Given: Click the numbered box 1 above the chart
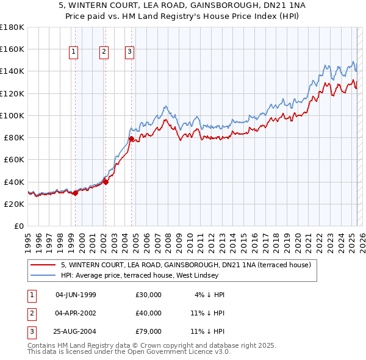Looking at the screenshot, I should click(73, 52).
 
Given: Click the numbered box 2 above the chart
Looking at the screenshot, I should click(104, 52).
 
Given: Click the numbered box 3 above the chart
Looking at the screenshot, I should click(130, 52).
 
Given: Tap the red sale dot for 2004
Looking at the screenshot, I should click(131, 139).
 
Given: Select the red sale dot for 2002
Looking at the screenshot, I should click(106, 181).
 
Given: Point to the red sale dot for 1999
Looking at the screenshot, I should click(75, 193).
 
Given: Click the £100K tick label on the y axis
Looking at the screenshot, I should click(12, 115).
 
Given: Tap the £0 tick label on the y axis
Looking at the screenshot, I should click(19, 226).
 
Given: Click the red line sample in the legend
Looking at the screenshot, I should click(43, 265).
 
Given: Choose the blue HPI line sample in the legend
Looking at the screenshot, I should click(43, 275).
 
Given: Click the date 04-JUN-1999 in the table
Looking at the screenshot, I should click(76, 295).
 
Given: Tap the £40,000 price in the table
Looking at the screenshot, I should click(149, 313).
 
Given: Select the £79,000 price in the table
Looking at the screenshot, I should click(149, 331).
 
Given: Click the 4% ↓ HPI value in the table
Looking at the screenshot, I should click(210, 295).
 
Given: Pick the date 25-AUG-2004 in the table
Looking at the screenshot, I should click(76, 331).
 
